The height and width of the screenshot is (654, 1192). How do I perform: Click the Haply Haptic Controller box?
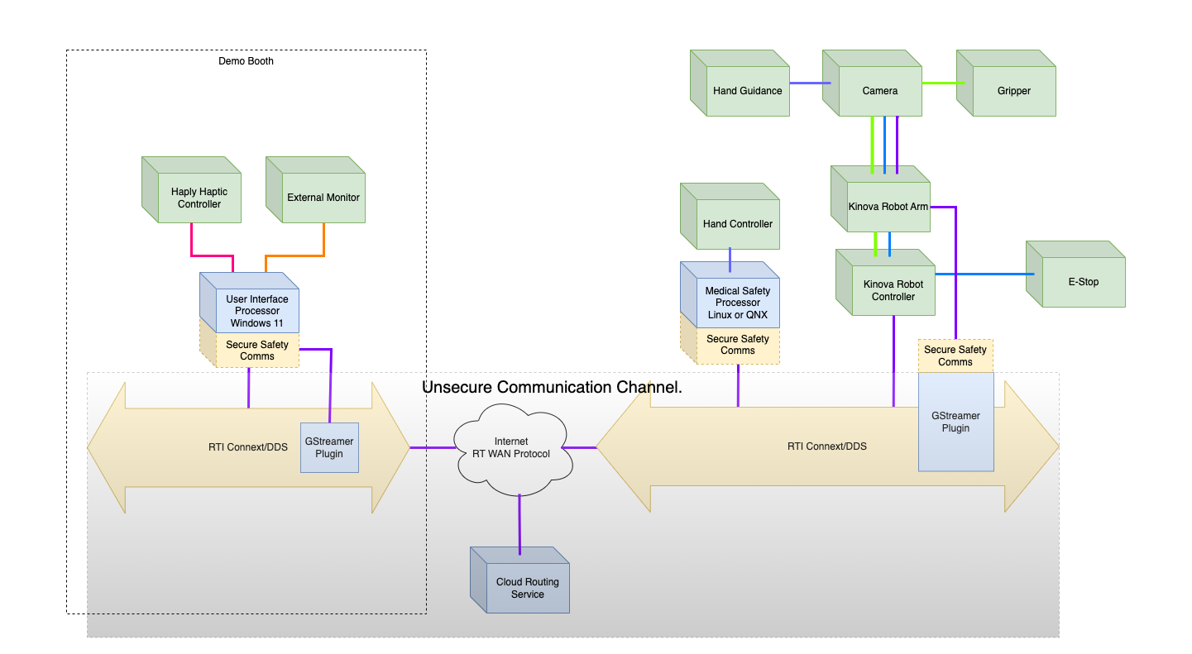[199, 198]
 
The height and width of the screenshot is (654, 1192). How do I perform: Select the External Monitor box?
[323, 198]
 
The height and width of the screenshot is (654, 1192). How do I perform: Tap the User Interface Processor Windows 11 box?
[256, 310]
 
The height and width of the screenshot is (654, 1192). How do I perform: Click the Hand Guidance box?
[747, 91]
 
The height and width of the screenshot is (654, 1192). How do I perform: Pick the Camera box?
[879, 91]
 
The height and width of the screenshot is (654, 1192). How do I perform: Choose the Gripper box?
[1013, 91]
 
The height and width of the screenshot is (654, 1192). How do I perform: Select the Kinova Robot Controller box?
[893, 290]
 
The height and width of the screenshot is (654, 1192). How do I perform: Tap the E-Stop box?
[1083, 282]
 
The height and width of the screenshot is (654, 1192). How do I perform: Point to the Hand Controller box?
[737, 223]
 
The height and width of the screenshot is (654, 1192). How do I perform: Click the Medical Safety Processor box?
[737, 302]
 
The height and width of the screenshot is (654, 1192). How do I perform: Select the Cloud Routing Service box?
[527, 588]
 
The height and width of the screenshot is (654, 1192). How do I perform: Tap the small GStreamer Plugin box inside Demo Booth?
[329, 448]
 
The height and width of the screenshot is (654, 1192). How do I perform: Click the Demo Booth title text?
[246, 61]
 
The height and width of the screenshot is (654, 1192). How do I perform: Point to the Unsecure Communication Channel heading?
[552, 387]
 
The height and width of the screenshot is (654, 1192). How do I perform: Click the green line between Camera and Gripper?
[939, 83]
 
